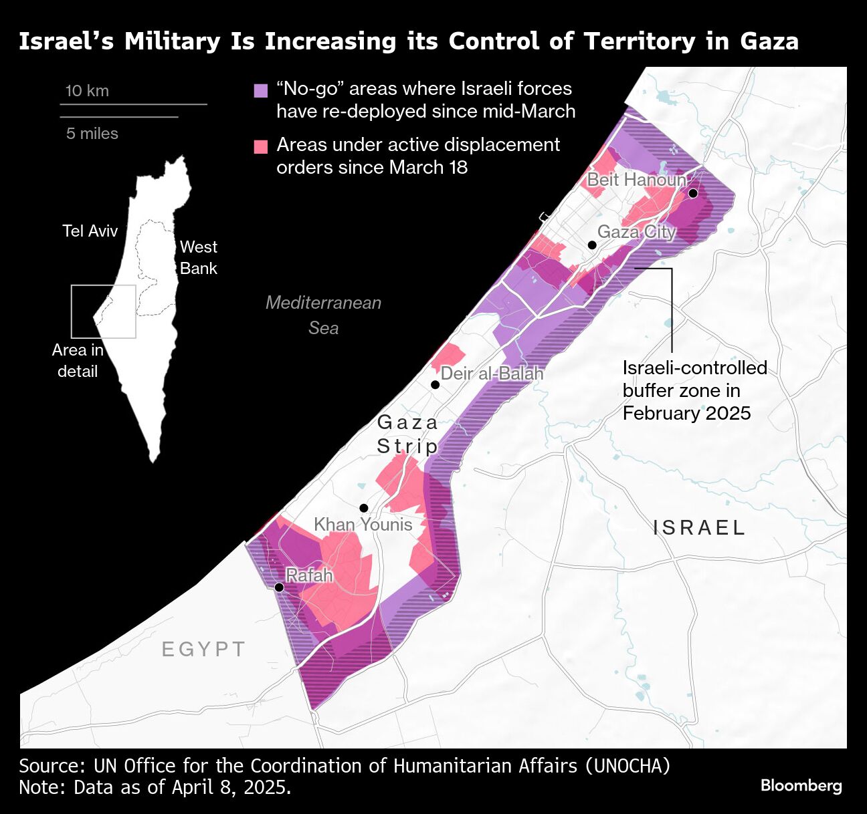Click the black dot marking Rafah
tap(279, 587)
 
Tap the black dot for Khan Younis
tap(364, 508)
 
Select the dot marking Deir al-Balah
tap(435, 384)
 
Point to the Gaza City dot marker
tap(592, 245)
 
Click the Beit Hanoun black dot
tap(693, 193)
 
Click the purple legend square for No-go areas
tap(261, 90)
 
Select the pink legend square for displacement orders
tap(261, 146)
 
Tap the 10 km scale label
tap(87, 91)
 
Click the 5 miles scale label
tap(92, 134)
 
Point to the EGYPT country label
tap(204, 649)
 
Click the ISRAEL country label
tap(699, 528)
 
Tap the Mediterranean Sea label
tap(324, 315)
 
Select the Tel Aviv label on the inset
tap(90, 231)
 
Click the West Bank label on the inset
tap(198, 257)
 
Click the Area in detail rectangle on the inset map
tap(104, 311)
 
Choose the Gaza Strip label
tap(407, 434)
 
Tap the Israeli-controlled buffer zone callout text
tap(694, 390)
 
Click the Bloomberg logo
tap(801, 785)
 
